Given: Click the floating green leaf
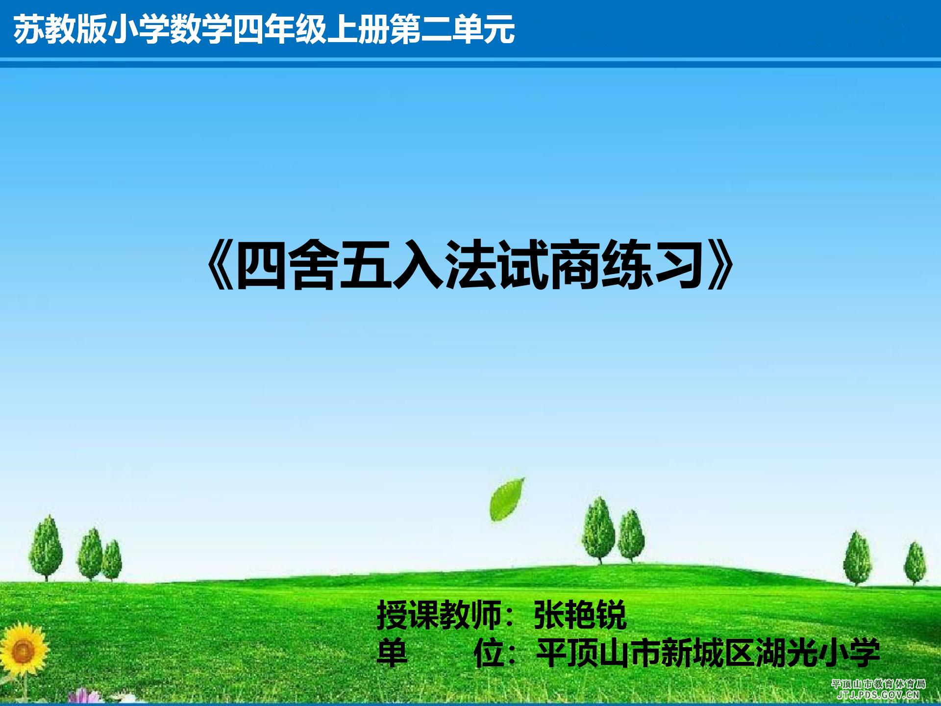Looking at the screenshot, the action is [506, 500].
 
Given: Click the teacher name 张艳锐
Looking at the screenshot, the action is [580, 615].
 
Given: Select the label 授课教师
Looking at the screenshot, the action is [439, 615].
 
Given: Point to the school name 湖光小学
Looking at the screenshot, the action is [817, 653].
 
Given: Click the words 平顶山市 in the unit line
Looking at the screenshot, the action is [598, 653].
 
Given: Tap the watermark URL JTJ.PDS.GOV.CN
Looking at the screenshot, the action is [879, 695].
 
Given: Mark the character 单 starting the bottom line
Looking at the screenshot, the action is [392, 653].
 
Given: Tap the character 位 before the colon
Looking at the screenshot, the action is [489, 653].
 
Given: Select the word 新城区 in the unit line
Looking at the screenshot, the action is [708, 653].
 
